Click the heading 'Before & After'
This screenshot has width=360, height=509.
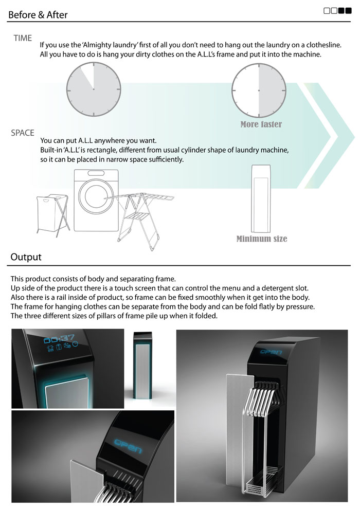(38, 14)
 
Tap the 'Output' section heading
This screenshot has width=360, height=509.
(26, 257)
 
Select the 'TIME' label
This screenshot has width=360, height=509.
(23, 38)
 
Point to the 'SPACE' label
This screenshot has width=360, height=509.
(23, 133)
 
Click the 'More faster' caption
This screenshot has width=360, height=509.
(261, 124)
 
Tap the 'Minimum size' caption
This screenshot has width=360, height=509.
(262, 239)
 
